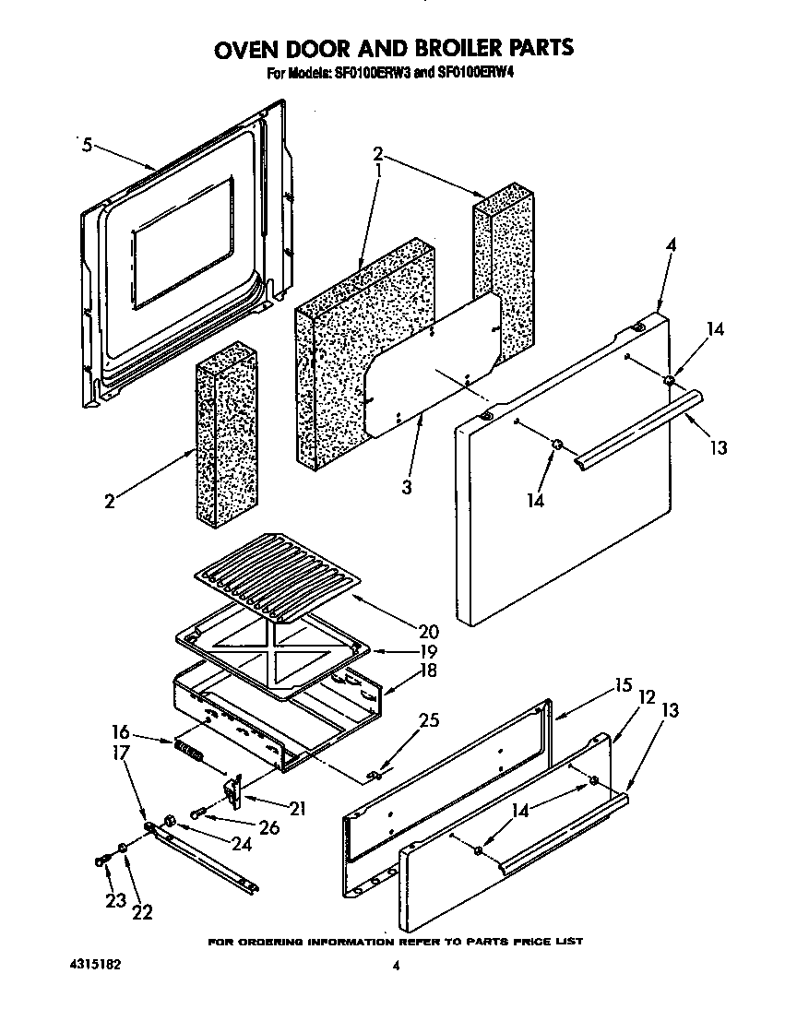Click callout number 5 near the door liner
(x=86, y=145)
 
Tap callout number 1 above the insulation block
(x=377, y=172)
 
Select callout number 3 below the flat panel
(x=406, y=486)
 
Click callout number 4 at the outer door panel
(x=671, y=245)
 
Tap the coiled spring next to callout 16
(x=188, y=750)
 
